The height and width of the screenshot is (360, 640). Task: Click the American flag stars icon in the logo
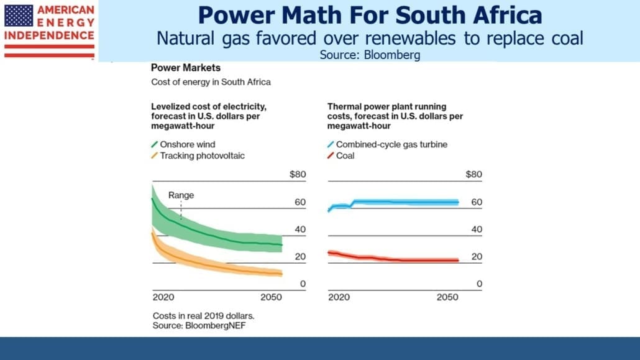click(19, 16)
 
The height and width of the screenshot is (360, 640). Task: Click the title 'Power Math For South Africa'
click(370, 15)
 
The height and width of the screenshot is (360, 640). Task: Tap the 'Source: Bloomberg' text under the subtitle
click(370, 55)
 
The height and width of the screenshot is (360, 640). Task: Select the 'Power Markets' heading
click(186, 68)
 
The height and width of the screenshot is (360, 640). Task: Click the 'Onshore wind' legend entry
click(183, 144)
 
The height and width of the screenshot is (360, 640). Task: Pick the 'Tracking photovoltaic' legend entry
click(198, 155)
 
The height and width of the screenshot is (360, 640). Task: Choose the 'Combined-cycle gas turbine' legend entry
click(387, 144)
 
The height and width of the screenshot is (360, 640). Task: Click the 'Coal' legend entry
click(341, 155)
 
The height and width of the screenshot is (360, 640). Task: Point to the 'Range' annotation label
click(181, 195)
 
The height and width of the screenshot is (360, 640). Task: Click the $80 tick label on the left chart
click(298, 175)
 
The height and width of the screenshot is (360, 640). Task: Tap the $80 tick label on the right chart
click(474, 175)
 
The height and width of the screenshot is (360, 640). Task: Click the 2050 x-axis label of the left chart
click(271, 297)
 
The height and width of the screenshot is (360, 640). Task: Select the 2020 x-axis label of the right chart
click(339, 297)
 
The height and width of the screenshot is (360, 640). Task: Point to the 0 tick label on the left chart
click(303, 284)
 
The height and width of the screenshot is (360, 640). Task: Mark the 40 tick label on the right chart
click(477, 229)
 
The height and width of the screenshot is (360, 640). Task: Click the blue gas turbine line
click(393, 202)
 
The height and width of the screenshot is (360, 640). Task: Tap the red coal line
click(393, 258)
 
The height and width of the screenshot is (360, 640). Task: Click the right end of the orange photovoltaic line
click(282, 274)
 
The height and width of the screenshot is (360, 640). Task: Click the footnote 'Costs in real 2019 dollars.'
click(203, 316)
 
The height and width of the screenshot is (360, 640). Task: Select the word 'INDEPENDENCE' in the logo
click(49, 35)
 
